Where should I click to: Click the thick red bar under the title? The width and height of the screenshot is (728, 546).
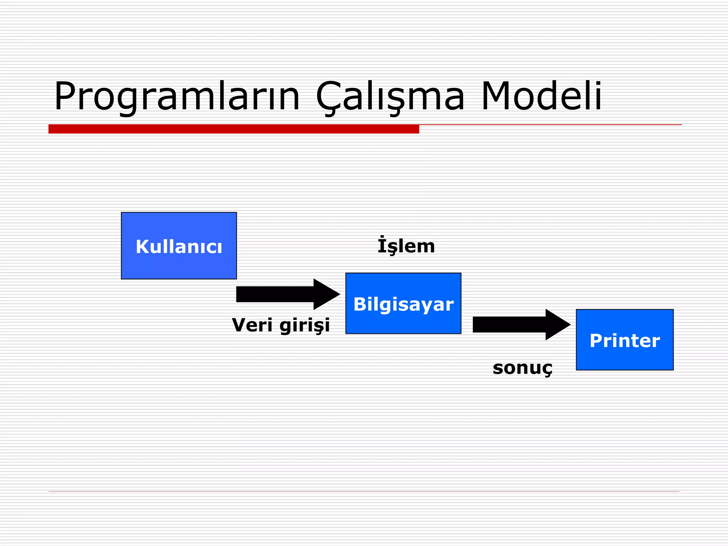234,129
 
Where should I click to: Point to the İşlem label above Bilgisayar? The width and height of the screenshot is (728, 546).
406,246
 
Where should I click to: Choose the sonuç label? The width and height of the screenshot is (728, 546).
522,368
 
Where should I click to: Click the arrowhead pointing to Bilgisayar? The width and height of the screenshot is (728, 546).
325,294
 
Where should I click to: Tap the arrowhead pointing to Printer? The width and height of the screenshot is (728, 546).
557,325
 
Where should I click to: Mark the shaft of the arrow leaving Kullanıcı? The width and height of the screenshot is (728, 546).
274,294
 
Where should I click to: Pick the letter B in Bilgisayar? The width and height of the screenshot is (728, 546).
360,304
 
